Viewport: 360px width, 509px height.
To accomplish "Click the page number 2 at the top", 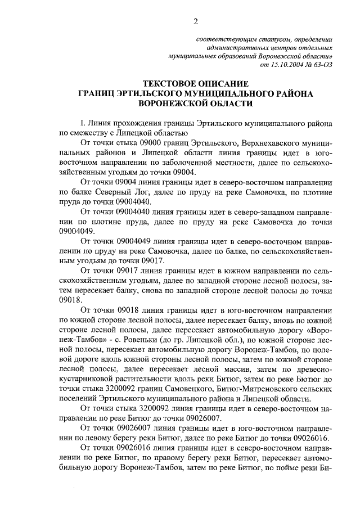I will coord(196,22).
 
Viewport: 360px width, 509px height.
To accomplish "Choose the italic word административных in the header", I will coord(247,49).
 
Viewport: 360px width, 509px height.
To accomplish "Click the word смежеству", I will coord(86,133).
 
